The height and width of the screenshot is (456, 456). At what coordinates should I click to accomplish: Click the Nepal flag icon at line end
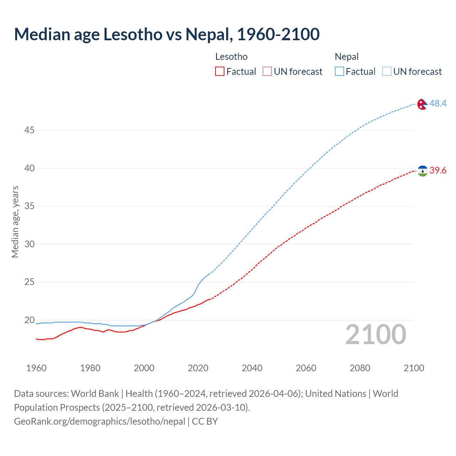click(x=422, y=104)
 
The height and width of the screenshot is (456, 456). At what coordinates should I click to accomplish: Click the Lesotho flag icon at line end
click(x=422, y=171)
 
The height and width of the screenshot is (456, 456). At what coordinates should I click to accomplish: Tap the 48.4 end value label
click(x=438, y=103)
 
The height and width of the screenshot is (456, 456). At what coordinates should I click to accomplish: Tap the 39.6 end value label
click(x=438, y=171)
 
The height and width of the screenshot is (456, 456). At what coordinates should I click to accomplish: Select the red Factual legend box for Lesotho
click(x=220, y=72)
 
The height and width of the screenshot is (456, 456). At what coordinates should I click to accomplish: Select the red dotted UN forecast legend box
click(x=267, y=72)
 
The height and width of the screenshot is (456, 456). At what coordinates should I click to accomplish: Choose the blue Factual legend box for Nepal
click(x=340, y=72)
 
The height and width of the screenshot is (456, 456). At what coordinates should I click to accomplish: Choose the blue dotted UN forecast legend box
click(x=387, y=72)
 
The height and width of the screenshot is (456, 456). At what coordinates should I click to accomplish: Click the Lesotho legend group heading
click(x=231, y=57)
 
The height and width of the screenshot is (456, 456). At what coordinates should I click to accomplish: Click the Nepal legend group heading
click(x=347, y=57)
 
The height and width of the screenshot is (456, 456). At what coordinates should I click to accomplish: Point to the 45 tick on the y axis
click(x=29, y=130)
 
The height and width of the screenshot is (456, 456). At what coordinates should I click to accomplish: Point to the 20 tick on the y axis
click(x=29, y=320)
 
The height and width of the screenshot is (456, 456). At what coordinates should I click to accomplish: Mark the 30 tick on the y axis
click(x=29, y=244)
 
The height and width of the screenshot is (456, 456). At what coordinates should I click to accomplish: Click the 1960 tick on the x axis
click(x=36, y=368)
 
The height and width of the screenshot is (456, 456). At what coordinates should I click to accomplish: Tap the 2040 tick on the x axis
click(x=252, y=368)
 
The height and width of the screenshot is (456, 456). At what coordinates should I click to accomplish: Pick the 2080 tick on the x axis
click(x=360, y=368)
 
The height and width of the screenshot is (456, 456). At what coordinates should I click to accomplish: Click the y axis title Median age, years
click(x=15, y=222)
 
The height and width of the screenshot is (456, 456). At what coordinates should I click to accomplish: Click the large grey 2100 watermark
click(x=375, y=335)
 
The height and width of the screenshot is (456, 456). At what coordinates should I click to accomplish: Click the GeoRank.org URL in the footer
click(x=99, y=421)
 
